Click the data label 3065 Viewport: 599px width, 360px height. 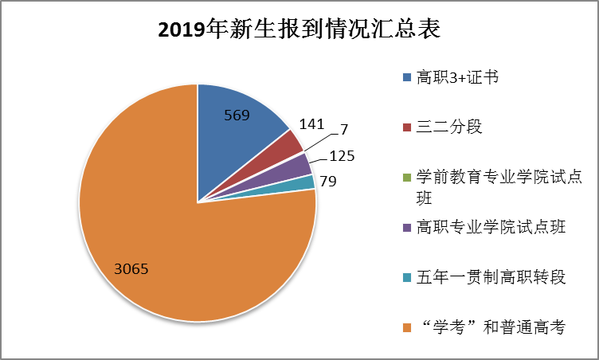(x=133, y=268)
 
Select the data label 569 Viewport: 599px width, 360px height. (x=237, y=115)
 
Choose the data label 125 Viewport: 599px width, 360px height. (x=342, y=156)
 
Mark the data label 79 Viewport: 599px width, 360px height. (x=328, y=181)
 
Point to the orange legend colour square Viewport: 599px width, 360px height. (x=407, y=327)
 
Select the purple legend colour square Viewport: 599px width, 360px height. (x=407, y=228)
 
